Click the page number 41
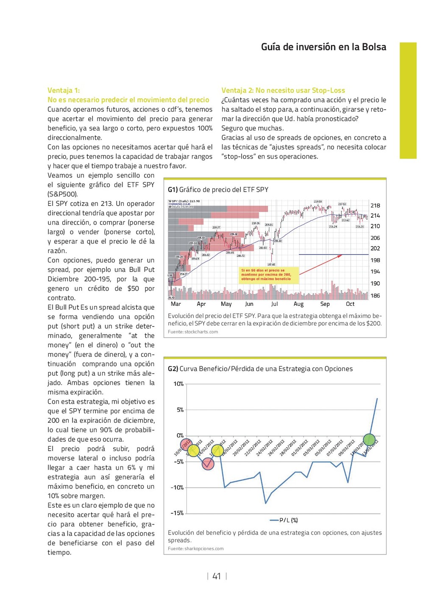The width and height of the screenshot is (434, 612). pyautogui.click(x=217, y=576)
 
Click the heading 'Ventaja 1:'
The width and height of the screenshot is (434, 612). pyautogui.click(x=64, y=90)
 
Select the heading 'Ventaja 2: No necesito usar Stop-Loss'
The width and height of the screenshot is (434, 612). pyautogui.click(x=283, y=90)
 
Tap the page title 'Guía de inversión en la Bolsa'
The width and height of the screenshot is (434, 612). pyautogui.click(x=323, y=47)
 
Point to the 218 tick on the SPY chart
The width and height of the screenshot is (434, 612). pyautogui.click(x=375, y=205)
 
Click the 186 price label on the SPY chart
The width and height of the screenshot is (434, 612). pyautogui.click(x=375, y=296)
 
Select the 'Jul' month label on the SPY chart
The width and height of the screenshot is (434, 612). pyautogui.click(x=274, y=304)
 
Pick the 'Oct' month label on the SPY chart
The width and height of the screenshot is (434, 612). pyautogui.click(x=350, y=304)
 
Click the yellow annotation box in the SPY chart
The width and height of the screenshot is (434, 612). pyautogui.click(x=270, y=274)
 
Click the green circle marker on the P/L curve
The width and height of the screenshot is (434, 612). pyautogui.click(x=369, y=440)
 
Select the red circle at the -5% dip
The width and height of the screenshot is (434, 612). pyautogui.click(x=208, y=464)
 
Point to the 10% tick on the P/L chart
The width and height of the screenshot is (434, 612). pyautogui.click(x=178, y=384)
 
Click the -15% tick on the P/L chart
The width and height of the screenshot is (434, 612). pyautogui.click(x=177, y=513)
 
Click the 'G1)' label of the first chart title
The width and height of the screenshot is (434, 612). pyautogui.click(x=172, y=189)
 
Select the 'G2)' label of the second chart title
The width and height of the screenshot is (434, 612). pyautogui.click(x=172, y=368)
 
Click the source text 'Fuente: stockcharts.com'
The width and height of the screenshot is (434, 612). pyautogui.click(x=193, y=332)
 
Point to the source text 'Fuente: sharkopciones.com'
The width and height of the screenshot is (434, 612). pyautogui.click(x=196, y=548)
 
